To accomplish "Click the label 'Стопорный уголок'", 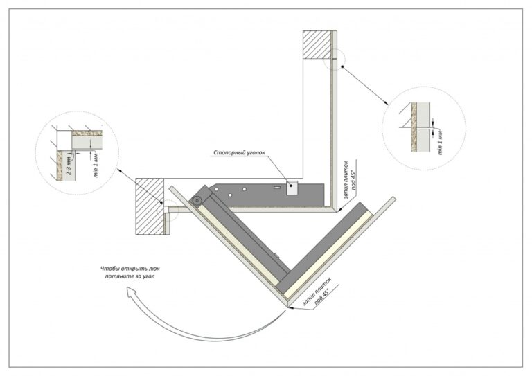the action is [239, 152].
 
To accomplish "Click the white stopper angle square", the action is [292, 188].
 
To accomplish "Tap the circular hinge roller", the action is [196, 200].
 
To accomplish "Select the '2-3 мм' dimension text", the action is [69, 168].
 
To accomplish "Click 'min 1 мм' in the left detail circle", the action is [96, 165].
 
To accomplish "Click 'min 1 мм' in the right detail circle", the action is [441, 143].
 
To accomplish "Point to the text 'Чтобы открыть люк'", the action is [130, 269].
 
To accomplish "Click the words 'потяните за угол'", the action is [130, 276].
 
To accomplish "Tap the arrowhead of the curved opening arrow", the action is [131, 292].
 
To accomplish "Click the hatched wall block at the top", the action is [317, 45].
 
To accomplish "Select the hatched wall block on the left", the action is [150, 206].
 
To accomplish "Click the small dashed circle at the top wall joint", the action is [335, 59].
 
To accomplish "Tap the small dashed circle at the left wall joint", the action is [168, 211].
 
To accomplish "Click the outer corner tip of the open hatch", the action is [287, 307].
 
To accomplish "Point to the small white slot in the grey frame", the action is [277, 187].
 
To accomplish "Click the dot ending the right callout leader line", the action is [342, 66].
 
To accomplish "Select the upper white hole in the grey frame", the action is [244, 189].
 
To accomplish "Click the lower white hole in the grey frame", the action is [230, 195].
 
